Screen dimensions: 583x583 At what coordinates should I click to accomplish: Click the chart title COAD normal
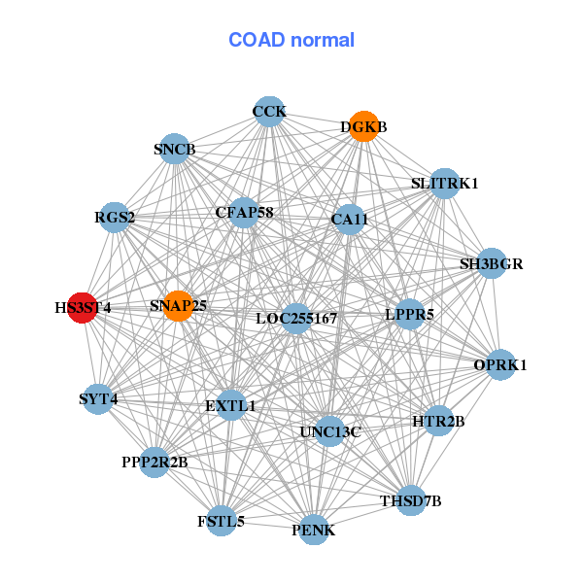pos(291,40)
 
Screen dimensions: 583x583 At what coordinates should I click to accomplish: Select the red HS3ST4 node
pos(83,307)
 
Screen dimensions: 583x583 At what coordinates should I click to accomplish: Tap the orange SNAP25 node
pos(178,306)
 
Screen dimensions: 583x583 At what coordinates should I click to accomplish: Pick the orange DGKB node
pos(363,126)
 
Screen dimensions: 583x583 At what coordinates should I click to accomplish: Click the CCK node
pos(269,112)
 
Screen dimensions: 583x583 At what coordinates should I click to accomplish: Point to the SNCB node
pos(174,149)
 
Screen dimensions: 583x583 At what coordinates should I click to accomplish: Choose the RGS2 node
pos(115,217)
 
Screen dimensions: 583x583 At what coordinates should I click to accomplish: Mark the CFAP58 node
pos(244,212)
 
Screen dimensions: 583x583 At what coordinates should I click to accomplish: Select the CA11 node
pos(349,220)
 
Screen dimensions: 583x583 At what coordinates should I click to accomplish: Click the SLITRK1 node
pos(444,183)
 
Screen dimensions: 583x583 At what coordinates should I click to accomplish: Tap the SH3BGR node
pos(492,263)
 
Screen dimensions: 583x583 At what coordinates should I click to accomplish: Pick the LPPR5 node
pos(409,314)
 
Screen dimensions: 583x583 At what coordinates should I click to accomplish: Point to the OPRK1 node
pos(500,365)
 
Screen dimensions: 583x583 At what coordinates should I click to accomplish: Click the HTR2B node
pos(438,421)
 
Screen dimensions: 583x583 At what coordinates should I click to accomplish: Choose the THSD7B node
pos(411,500)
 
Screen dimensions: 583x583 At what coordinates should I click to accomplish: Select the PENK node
pos(314,530)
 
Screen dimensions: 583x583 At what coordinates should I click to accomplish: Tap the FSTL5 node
pos(222,521)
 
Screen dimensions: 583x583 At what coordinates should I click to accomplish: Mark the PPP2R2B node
pos(155,462)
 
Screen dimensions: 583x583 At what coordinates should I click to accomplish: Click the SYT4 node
pos(98,398)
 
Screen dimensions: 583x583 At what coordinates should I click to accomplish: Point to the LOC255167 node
pos(296,318)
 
